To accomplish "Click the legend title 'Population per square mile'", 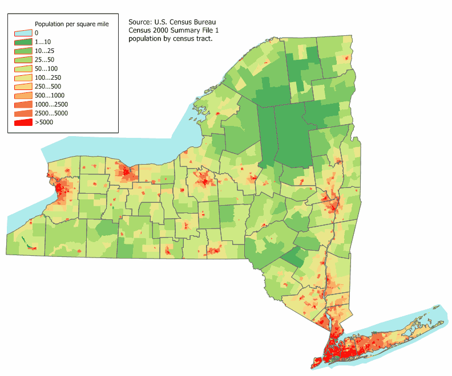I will coord(72,24).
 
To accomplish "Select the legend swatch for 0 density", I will coord(23,33).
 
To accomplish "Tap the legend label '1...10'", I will coord(43,42).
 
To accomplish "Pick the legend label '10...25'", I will coord(45,51).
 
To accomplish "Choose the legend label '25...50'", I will coord(45,59).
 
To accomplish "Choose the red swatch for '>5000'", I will coord(23,122).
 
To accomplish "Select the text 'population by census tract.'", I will coord(170,39).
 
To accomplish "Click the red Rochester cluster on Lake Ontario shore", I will coord(124,170).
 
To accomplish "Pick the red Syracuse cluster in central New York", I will coord(204,183).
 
